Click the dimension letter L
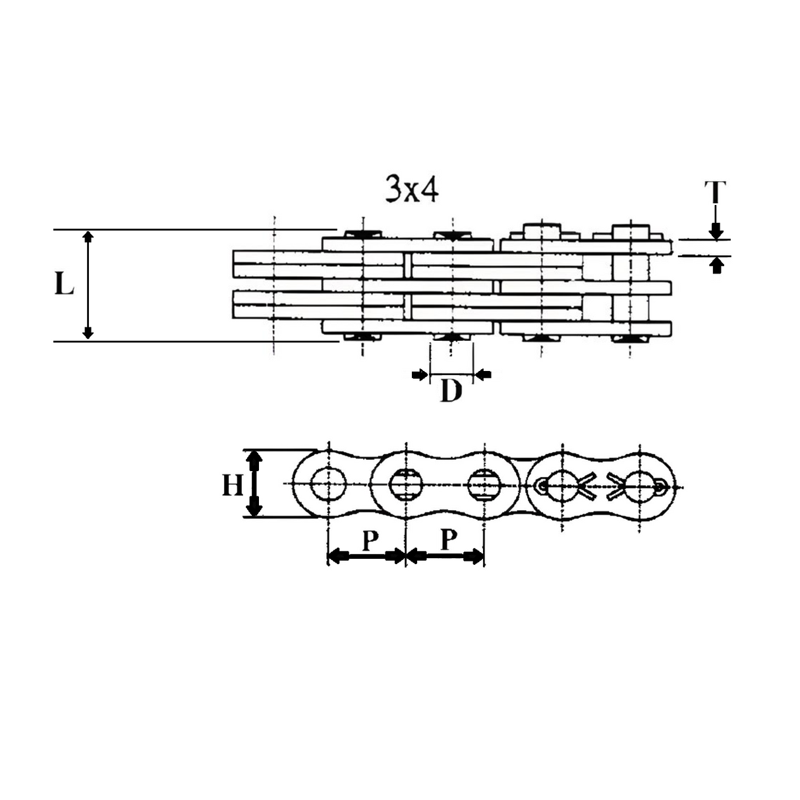point(63,285)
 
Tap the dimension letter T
point(715,193)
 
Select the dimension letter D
point(451,391)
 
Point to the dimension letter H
point(232,486)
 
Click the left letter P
point(370,541)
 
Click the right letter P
point(448,540)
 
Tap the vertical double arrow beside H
point(254,484)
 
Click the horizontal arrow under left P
point(366,557)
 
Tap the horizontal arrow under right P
point(445,557)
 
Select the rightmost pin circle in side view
point(639,486)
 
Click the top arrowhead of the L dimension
point(88,237)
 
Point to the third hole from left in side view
point(484,486)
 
